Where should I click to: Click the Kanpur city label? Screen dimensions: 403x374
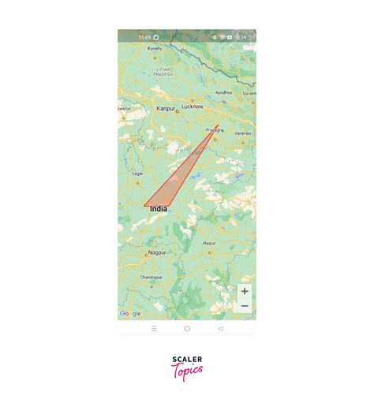click(x=166, y=109)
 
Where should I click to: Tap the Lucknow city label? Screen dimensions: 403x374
click(x=193, y=106)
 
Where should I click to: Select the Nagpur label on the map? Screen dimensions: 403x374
click(x=157, y=252)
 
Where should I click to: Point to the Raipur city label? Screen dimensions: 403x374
click(x=209, y=244)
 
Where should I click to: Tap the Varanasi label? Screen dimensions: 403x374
click(x=241, y=133)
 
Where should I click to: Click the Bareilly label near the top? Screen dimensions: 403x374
click(x=155, y=48)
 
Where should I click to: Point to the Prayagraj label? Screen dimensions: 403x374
click(x=215, y=128)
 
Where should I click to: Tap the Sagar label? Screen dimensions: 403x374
click(x=137, y=173)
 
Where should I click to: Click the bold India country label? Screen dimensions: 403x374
click(x=158, y=209)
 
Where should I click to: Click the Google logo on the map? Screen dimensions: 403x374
click(x=130, y=314)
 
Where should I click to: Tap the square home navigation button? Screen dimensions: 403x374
click(x=187, y=328)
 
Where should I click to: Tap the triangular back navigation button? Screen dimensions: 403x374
click(x=220, y=328)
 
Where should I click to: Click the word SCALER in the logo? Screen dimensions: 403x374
click(x=187, y=360)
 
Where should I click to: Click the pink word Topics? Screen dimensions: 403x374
click(x=187, y=371)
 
